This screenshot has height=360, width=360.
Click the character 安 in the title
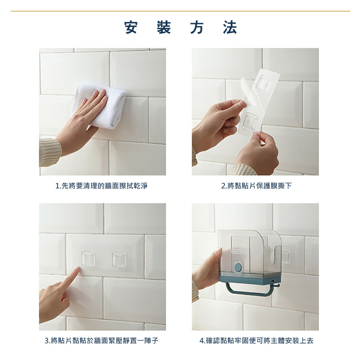(131, 27)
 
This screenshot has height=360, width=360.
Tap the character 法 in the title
(230, 27)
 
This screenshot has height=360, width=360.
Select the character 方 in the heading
(197, 27)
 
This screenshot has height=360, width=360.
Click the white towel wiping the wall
(99, 105)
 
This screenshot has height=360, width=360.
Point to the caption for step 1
(101, 185)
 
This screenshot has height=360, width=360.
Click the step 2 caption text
(256, 185)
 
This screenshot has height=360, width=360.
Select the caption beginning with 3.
(101, 341)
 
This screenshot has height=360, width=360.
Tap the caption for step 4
(256, 341)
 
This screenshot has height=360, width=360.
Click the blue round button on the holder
(238, 267)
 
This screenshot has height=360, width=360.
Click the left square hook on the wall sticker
(88, 259)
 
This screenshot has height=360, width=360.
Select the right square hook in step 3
(119, 260)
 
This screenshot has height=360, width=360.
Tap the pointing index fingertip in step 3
(78, 269)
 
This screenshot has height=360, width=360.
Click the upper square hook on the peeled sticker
(264, 84)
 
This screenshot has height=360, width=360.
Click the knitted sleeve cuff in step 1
(49, 152)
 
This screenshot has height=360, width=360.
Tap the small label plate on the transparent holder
(239, 252)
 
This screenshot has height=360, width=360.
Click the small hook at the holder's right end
(277, 285)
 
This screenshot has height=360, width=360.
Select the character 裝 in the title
(164, 27)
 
